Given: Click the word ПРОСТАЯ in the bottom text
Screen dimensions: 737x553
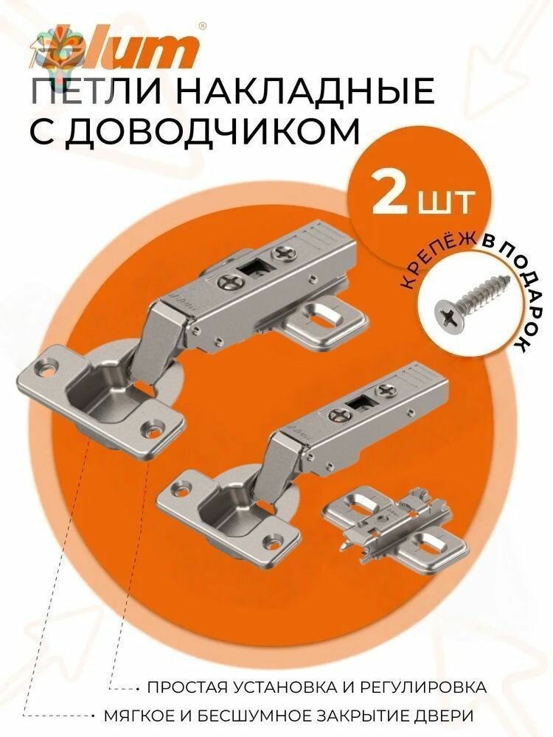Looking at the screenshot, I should click(184, 687).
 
